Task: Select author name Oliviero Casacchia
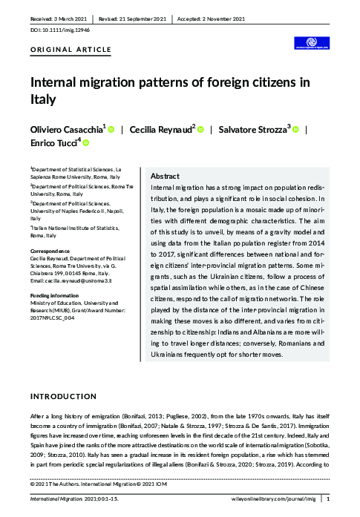click(66, 129)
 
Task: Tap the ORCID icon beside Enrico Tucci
click(85, 143)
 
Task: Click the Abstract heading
click(165, 177)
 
